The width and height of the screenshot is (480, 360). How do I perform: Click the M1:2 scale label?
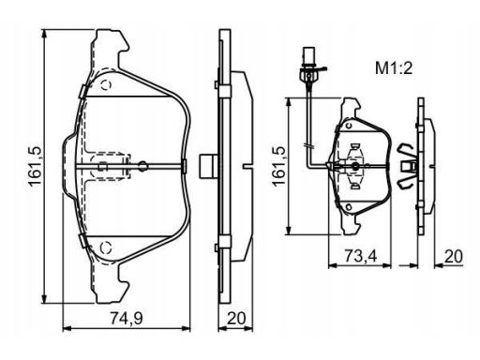pyautogui.click(x=394, y=68)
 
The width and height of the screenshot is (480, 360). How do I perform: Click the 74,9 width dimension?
pyautogui.click(x=127, y=319)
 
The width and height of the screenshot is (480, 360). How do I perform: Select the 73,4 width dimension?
pyautogui.click(x=361, y=256)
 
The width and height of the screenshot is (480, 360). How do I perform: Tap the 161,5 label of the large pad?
pyautogui.click(x=35, y=166)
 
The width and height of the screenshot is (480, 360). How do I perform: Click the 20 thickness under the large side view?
pyautogui.click(x=236, y=319)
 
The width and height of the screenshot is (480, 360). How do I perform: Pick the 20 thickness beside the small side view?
pyautogui.click(x=454, y=256)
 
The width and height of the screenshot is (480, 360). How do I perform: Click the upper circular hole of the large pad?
pyautogui.click(x=106, y=85)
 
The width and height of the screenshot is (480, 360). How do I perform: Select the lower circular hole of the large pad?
pyautogui.click(x=106, y=247)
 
